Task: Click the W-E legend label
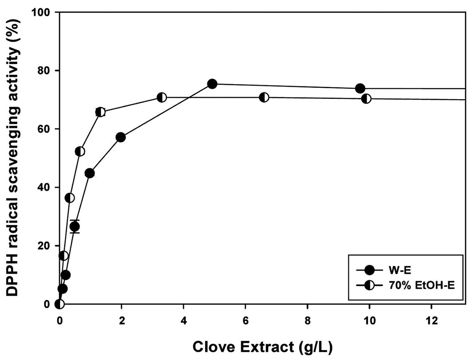pos(399,270)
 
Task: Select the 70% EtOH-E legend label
pos(421,286)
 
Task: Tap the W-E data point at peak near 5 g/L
pos(212,84)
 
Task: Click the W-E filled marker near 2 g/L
pos(121,137)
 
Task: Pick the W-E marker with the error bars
pos(75,227)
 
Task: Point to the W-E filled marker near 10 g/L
pos(360,88)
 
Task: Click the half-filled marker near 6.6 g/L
pos(264,97)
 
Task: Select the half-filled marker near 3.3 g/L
pos(162,97)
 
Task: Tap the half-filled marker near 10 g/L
pos(366,99)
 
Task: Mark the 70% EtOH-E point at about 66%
pos(100,112)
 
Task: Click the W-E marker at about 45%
pos(90,173)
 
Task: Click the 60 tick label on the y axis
pos(44,129)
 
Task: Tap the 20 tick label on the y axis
pos(44,246)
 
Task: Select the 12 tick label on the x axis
pos(431,321)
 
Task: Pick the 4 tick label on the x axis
pos(184,321)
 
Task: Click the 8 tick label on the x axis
pos(308,321)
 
